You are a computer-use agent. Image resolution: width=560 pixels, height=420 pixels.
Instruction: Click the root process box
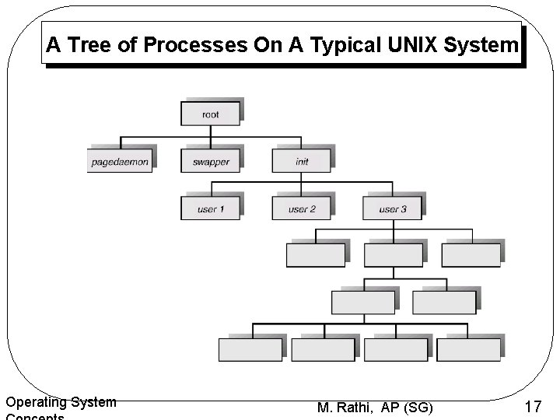[210, 114]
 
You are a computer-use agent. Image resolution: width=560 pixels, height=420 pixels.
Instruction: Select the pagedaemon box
[120, 162]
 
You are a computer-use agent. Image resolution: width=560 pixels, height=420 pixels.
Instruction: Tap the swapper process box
[211, 162]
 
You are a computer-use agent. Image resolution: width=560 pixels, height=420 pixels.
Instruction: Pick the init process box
[302, 162]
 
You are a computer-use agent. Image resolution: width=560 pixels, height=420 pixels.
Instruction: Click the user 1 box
[211, 209]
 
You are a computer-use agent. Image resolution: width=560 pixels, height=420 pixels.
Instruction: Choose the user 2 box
[302, 209]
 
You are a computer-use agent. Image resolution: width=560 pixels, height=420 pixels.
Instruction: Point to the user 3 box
[393, 209]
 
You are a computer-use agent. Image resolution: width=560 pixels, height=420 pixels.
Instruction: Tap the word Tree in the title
[84, 46]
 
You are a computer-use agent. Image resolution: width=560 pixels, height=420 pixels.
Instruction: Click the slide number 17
[532, 407]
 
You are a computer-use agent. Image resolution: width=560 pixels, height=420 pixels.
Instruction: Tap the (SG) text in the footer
[416, 408]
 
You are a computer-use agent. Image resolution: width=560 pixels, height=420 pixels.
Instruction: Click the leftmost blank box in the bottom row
[246, 349]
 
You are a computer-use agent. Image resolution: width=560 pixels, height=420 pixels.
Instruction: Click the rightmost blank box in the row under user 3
[470, 255]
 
